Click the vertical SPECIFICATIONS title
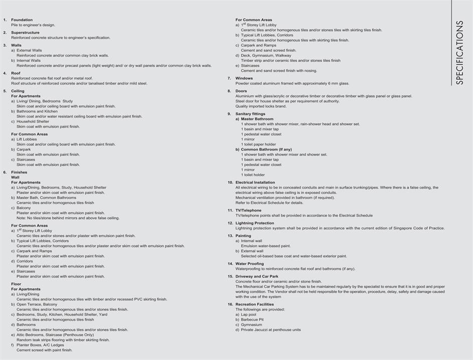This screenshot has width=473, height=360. [459, 53]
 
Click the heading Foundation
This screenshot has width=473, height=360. [22, 20]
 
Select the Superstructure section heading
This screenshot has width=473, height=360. [25, 33]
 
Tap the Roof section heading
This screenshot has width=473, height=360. [16, 73]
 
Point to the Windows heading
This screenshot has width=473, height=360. [244, 78]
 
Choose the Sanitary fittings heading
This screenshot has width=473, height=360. [251, 114]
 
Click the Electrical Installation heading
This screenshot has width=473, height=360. [255, 182]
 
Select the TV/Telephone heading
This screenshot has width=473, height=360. [248, 210]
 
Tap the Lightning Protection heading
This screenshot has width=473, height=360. [254, 223]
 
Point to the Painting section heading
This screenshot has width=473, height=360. [243, 235]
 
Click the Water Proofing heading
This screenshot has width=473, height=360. [249, 264]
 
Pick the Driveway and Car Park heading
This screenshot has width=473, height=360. [257, 276]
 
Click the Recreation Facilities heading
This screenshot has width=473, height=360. [254, 304]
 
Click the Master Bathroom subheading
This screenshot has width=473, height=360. [257, 119]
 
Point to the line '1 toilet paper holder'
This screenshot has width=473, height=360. [258, 144]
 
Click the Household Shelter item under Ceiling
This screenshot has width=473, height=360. [33, 122]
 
